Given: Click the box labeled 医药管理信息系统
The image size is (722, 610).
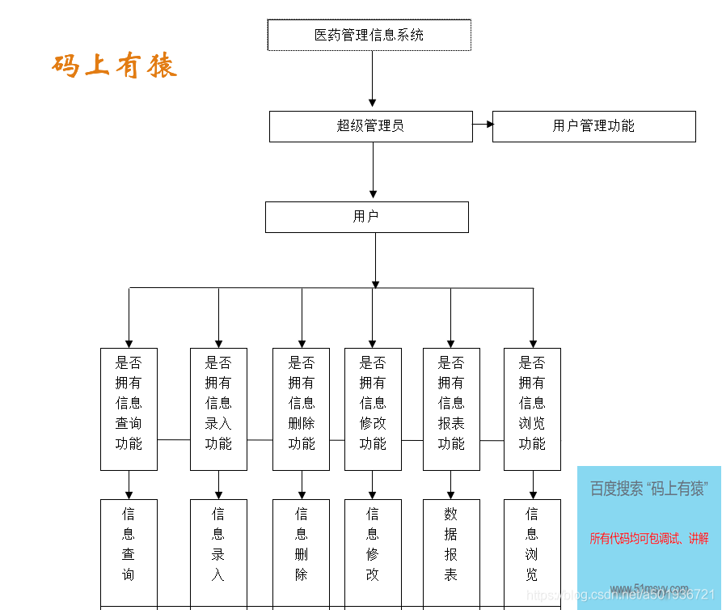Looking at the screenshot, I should point(369,35).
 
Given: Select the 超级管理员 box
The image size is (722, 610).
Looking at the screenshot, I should point(370,126).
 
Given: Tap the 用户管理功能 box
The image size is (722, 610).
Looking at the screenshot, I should point(593,126).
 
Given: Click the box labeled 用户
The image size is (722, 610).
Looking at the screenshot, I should point(366,217).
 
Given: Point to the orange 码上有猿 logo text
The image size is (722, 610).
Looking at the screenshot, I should point(115,66).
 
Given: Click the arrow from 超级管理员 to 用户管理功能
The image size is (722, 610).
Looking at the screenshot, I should point(483,125).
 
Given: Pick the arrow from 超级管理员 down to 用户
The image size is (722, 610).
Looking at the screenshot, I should point(373,170).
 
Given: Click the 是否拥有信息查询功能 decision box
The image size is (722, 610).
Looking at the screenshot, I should point(129,409).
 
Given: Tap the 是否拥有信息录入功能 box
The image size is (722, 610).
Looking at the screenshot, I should point(218,409).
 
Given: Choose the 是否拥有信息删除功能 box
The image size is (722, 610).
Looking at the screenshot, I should point(301,409).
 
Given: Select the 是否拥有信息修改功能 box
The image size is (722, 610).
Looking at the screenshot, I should point(373,409).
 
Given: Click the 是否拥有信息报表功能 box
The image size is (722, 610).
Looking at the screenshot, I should point(451,409).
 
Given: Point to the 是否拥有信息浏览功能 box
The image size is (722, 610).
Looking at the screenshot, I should point(532,409).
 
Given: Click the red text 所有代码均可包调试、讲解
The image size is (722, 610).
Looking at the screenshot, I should point(649,538).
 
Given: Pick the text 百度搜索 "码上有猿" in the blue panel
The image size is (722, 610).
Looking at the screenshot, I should point(648,489).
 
